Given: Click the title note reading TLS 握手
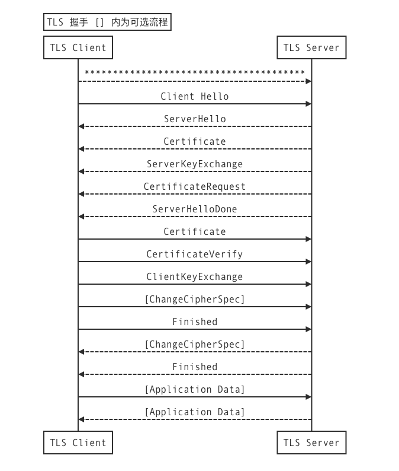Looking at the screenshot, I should coord(107,23).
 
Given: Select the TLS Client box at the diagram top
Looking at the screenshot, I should coord(78,48).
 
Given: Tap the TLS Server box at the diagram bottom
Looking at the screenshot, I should coord(311,443).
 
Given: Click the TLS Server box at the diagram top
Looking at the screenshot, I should coord(311,48).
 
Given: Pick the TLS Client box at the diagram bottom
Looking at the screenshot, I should coord(78,443).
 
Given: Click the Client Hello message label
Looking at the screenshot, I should coord(195,96).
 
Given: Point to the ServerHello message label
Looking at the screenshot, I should coord(195,119).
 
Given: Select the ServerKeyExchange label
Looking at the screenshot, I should coord(195,164).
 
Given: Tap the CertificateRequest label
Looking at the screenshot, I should coord(195,186).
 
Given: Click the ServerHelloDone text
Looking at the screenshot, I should coord(195,209).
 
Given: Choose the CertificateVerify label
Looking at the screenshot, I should coord(195,254).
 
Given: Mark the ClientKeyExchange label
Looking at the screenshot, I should coord(195,276).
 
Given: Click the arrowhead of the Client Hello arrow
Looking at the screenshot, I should coord(308,104).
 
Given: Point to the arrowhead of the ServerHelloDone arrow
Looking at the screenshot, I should coord(82,217).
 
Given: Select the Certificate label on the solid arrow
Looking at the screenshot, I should coord(195,231).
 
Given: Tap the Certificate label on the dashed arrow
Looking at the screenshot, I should coord(195,141).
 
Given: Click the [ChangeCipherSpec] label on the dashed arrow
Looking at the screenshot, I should coord(195,344).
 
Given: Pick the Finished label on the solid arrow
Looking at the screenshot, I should coord(195,322).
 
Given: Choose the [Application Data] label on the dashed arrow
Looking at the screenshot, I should coord(195,412).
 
